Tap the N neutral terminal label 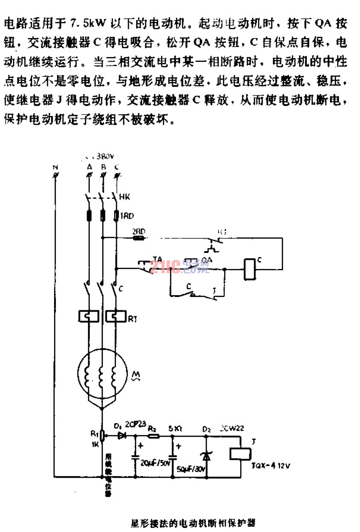pyautogui.click(x=55, y=168)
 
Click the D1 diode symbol pyautogui.click(x=122, y=434)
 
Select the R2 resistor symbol pyautogui.click(x=153, y=434)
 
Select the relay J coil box pyautogui.click(x=241, y=453)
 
